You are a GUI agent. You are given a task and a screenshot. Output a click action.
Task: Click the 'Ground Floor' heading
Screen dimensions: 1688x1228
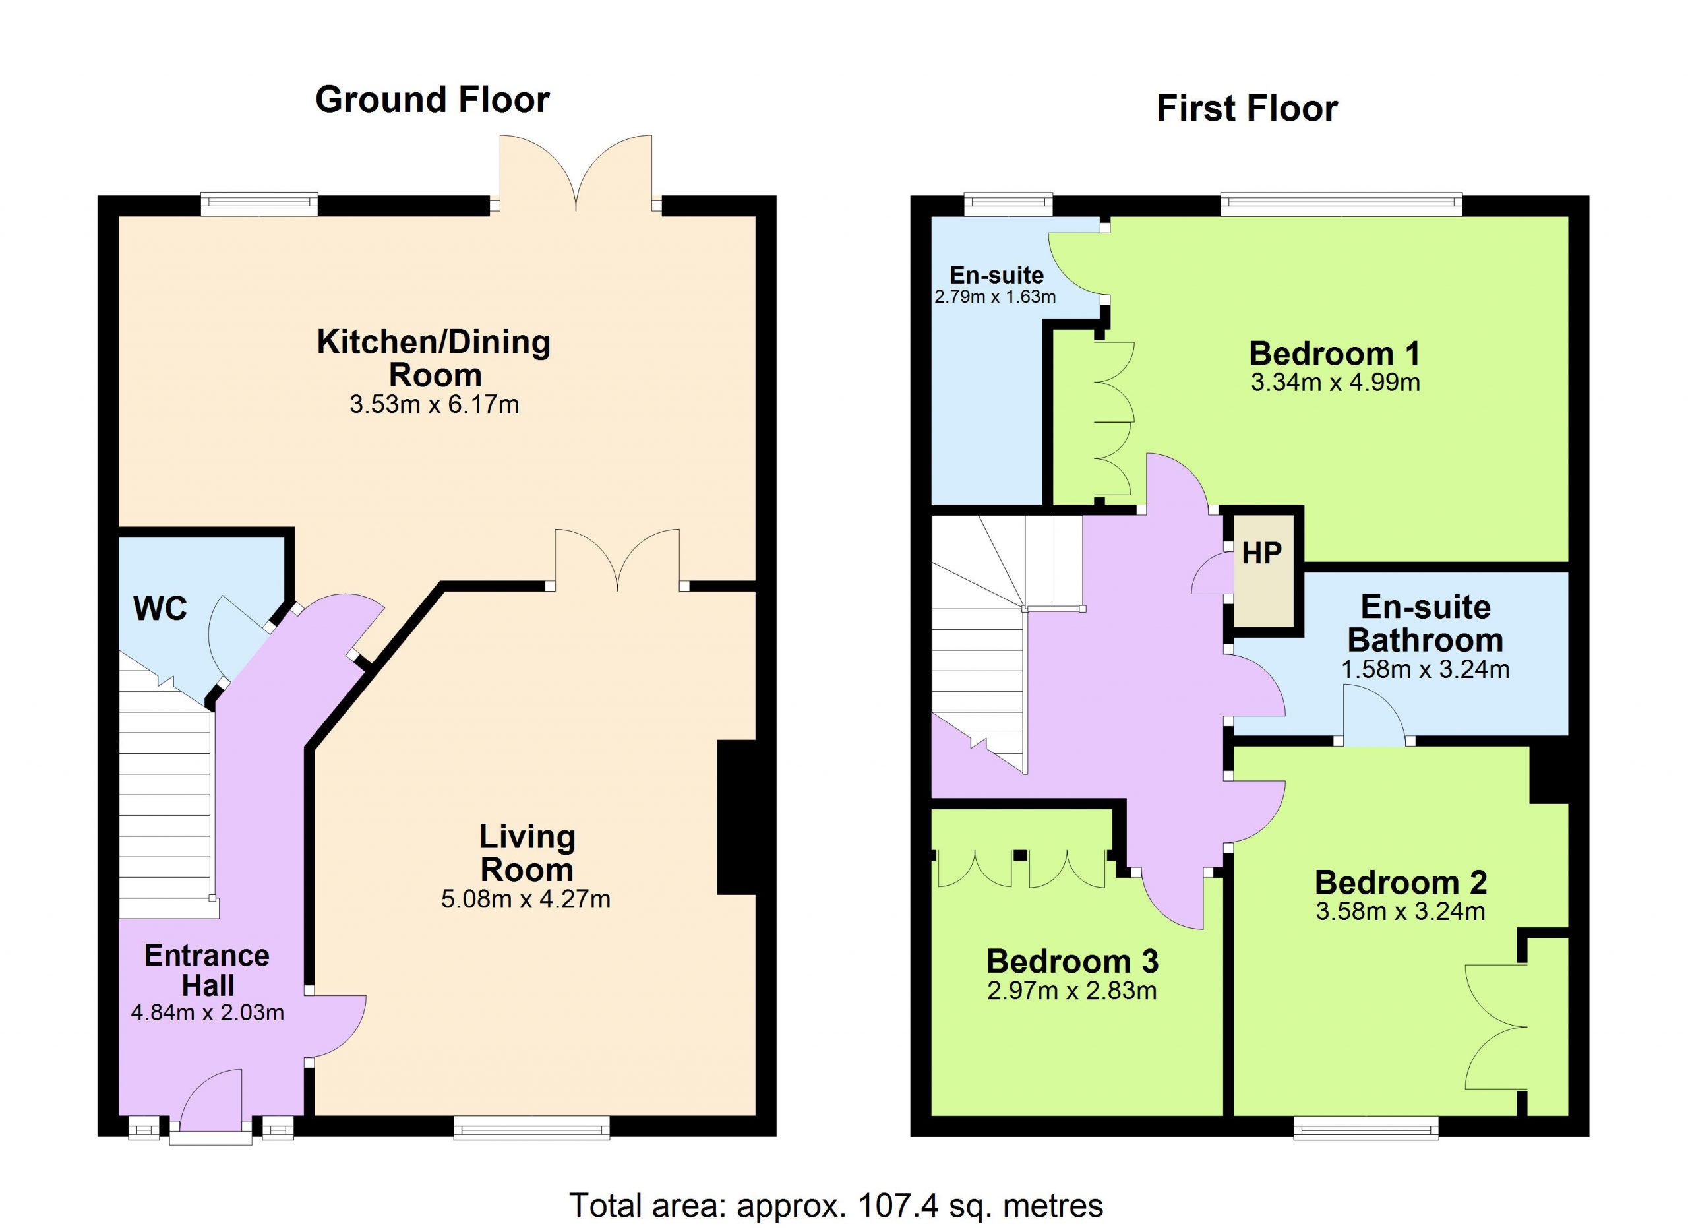[433, 100]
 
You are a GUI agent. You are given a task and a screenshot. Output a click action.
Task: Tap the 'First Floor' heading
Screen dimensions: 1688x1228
[1247, 109]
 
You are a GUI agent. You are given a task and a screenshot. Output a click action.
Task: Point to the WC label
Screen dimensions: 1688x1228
[160, 609]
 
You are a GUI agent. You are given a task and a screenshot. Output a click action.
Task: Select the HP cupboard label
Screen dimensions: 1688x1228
[1261, 553]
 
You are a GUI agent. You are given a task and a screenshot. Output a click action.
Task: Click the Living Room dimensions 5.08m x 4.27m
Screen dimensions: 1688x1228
[526, 899]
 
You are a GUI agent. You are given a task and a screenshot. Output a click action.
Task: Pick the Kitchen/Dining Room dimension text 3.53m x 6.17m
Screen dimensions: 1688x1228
[434, 404]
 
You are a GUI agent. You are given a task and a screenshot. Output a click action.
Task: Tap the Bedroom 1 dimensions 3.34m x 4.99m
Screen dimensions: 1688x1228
[1335, 383]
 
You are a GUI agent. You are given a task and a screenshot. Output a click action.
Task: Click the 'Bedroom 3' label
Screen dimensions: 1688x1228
[1073, 962]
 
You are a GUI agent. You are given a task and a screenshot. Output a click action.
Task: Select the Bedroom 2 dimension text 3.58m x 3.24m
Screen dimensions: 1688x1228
[1400, 911]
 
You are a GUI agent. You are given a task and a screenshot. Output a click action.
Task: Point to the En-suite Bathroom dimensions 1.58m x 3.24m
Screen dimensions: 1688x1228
[1426, 669]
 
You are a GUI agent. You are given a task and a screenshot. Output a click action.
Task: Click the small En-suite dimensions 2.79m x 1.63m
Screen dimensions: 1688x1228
[995, 297]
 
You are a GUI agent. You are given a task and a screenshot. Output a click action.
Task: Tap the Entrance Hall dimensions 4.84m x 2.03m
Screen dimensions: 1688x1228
[208, 1013]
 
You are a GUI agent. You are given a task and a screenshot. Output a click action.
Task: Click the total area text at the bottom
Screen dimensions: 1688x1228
[836, 1205]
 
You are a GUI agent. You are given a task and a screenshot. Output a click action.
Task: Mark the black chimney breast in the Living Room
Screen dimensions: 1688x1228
[736, 816]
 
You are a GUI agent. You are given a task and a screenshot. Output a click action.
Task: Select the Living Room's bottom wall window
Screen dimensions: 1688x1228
[531, 1127]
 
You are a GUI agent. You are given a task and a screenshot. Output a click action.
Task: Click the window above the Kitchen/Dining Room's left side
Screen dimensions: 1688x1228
[260, 204]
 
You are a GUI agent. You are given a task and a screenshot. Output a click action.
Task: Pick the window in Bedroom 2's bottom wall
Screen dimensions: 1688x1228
[1366, 1127]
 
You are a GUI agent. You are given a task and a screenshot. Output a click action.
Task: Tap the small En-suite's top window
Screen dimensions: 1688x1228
[1008, 204]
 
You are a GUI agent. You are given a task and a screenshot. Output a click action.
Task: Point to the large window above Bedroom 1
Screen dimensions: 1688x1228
[1341, 204]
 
